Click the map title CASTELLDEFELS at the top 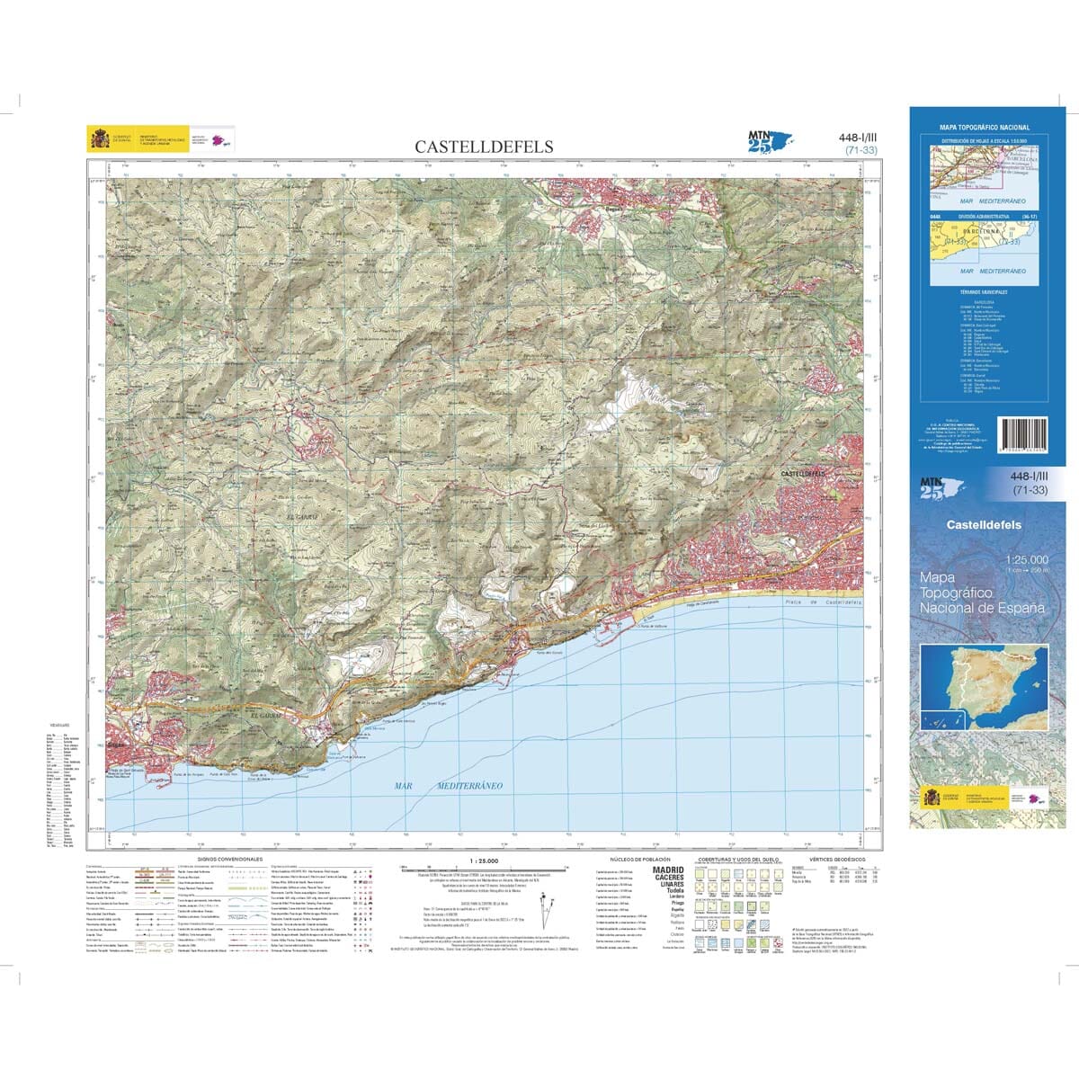click(x=484, y=147)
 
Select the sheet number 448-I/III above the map click(x=856, y=138)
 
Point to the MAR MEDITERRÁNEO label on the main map click(x=448, y=786)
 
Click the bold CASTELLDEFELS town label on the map click(x=804, y=473)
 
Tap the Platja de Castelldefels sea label click(x=822, y=602)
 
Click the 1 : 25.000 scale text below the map click(x=484, y=861)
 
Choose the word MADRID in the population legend click(x=667, y=870)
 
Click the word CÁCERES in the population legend click(x=667, y=878)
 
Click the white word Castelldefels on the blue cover click(x=984, y=525)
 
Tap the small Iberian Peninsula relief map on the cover click(x=984, y=687)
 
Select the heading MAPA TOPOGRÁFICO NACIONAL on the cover click(x=984, y=128)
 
